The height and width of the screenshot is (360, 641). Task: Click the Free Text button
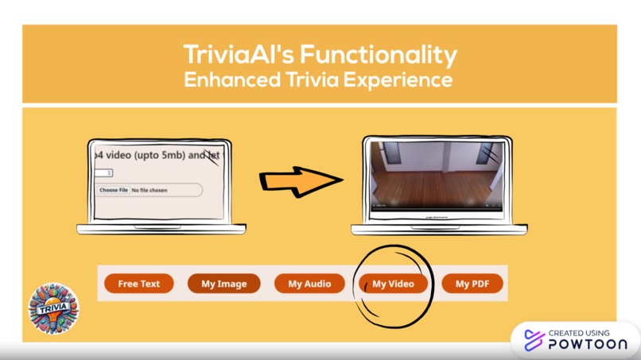point(138,284)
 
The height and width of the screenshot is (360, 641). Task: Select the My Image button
point(223,284)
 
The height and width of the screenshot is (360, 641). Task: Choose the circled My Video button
point(393,284)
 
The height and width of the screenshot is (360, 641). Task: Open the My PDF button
point(472,284)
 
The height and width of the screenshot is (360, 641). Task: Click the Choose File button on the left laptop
point(113,191)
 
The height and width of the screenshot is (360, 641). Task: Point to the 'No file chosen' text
point(150,191)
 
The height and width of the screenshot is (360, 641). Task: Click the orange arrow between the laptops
point(300,181)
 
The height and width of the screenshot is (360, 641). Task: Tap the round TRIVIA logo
point(53,308)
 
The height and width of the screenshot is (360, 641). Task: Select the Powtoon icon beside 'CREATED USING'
point(533,339)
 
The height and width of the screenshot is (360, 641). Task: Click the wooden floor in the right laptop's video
point(433,191)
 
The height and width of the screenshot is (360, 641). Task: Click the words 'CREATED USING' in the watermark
point(579,333)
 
